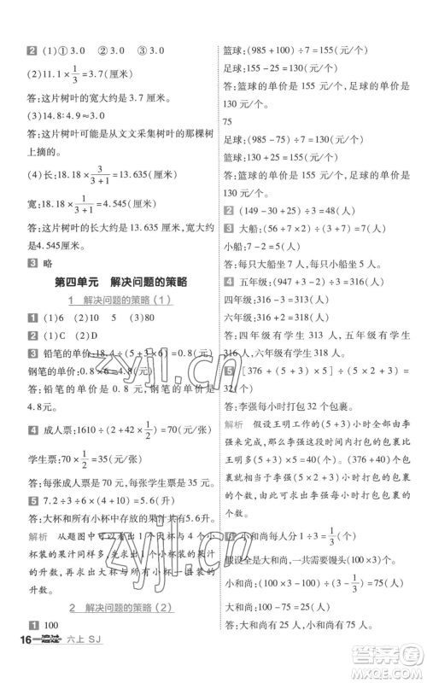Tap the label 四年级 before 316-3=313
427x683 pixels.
click(238, 301)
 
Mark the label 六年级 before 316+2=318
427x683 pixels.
click(238, 318)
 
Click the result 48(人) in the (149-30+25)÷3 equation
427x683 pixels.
click(329, 210)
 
